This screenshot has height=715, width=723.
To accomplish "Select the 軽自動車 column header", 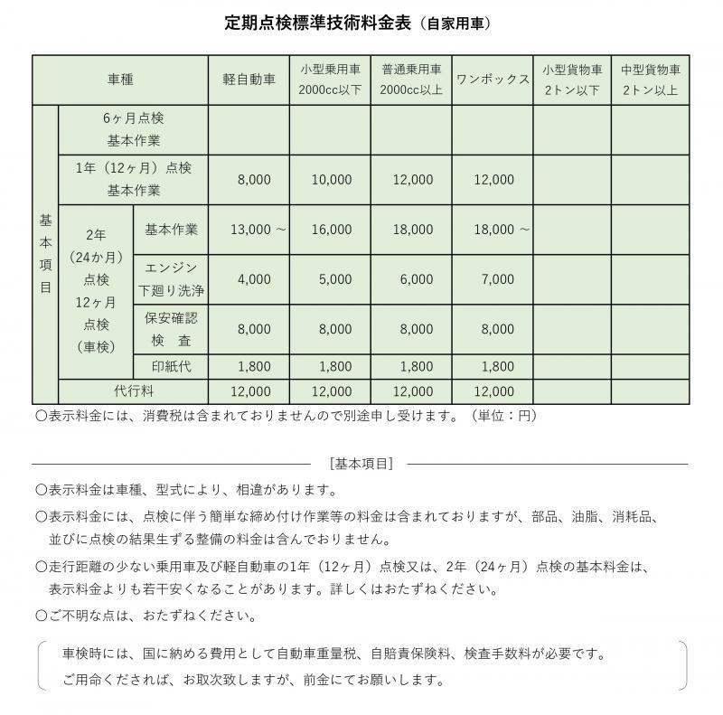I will coord(249,80).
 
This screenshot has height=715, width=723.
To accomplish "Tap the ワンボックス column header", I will coord(493,80).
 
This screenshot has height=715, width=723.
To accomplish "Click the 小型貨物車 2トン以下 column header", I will coord(572,80).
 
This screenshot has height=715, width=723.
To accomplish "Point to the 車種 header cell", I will coord(120,80).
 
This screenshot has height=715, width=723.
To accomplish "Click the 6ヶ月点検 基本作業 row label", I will coord(133,130).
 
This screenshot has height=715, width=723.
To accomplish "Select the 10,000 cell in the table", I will coord(331,180).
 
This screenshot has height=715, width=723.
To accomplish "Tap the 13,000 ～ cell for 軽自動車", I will coord(258,230).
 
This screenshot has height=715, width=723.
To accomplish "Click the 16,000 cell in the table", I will coord(331,230).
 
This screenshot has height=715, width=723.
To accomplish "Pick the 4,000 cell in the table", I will coord(254,279).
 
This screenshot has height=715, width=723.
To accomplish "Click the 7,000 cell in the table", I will coord(497,279).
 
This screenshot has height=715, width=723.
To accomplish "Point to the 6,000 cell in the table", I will coord(416,279).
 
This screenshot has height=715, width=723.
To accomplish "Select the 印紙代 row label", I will coord(170,367).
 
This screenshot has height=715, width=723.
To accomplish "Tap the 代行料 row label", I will coord(133,391).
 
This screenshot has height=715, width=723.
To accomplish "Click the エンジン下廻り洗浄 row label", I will coord(170,279).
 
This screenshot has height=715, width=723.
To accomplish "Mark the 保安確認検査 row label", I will coord(170,330).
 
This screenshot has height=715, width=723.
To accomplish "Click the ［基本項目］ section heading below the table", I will coord(361,464).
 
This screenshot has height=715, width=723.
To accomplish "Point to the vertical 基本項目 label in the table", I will coord(45,255).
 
